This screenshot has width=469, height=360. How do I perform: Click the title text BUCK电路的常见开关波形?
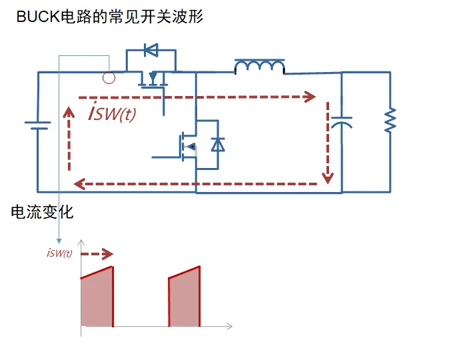pos(110,17)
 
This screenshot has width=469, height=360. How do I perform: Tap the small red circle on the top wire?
pos(109,78)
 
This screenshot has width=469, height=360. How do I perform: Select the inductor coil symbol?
pos(259,66)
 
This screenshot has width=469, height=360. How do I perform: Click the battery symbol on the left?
pos(38,125)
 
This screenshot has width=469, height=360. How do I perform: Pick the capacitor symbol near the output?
pos(341,123)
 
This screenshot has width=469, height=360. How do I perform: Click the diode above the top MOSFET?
pos(151,49)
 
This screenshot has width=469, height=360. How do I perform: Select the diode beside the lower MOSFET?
pos(217,144)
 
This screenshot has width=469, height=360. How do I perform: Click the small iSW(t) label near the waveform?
pos(60,253)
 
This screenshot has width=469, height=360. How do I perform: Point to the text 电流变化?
pos(42,213)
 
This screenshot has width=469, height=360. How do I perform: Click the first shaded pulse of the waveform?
pos(97,299)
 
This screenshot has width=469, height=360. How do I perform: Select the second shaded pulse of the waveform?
pos(185,299)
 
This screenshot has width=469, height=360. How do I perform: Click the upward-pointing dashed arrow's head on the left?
pos(69,111)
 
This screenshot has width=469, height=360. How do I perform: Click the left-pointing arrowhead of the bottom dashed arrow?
pos(79,183)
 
